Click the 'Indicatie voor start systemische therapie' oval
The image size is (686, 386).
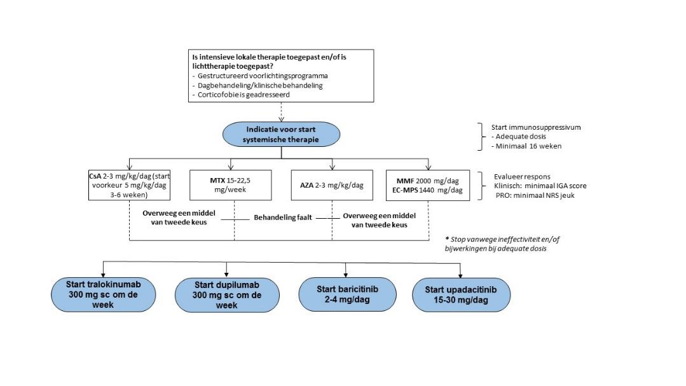281,134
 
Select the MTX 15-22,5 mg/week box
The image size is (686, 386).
231,185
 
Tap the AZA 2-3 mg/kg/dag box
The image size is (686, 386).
332,185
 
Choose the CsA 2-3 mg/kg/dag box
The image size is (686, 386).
129,185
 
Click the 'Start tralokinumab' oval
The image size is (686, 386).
103,294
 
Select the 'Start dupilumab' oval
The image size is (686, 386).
227,295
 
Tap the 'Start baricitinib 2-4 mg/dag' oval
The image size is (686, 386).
347,294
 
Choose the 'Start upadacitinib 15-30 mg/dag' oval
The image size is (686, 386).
461,295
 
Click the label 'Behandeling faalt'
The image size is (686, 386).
283,217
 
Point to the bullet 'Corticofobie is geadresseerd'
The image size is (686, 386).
241,95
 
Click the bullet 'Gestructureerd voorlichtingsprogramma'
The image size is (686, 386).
260,76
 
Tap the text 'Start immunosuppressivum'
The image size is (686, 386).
536,127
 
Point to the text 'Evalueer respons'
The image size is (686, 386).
522,177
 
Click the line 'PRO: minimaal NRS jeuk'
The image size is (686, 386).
535,196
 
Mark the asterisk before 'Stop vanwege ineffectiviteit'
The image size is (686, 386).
447,238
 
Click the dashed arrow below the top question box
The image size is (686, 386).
281,112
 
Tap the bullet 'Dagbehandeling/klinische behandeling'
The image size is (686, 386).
257,85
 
